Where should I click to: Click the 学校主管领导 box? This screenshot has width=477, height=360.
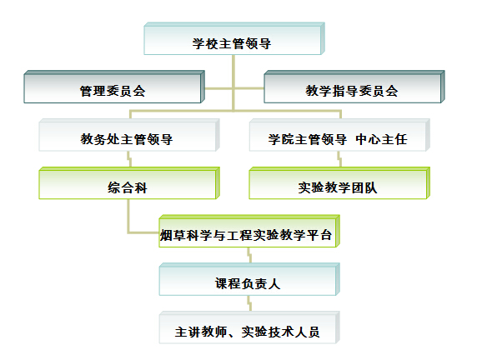pos(234,38)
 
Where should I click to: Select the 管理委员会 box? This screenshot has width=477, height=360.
pos(114,87)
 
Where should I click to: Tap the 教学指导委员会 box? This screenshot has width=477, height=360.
pos(354,87)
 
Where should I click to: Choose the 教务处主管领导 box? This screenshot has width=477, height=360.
pos(129,135)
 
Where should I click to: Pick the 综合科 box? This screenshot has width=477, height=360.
pos(129,183)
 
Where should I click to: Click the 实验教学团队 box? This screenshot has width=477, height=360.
pos(339,183)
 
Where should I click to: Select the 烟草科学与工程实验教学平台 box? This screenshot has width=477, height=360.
pos(249,231)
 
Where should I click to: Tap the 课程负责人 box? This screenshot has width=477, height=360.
pos(249,279)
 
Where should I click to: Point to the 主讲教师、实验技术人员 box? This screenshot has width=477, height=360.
pos(249,327)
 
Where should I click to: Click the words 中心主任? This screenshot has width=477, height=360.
pos(381,139)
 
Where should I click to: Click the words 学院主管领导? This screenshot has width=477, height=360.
pos(307,139)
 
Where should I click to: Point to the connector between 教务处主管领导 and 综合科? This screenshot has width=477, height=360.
pos(129,159)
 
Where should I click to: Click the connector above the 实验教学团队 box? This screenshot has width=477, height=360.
pos(339,159)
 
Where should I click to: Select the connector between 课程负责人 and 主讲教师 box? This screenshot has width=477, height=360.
pos(249,303)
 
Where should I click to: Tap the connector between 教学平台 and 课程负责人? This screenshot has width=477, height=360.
pos(249,255)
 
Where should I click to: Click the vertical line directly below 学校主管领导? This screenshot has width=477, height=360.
pos(233,83)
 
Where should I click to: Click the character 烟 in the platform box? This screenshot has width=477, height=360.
pos(166,235)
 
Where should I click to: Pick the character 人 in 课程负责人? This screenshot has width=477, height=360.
pos(274,283)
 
